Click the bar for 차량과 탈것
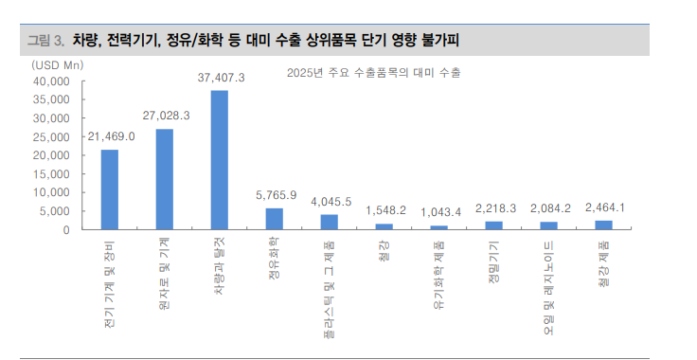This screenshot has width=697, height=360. click(x=219, y=160)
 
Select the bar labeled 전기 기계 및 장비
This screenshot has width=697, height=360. click(x=110, y=189)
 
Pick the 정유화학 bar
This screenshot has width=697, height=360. click(x=274, y=219)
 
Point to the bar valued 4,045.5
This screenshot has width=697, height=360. click(x=329, y=222)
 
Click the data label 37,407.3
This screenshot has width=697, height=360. click(x=221, y=78)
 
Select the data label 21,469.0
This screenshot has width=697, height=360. click(x=111, y=136)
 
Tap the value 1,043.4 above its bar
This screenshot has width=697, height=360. click(x=439, y=211)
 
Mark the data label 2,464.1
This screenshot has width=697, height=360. click(x=604, y=207)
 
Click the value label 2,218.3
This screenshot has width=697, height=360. click(x=494, y=207)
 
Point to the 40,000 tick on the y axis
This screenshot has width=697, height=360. click(x=51, y=81)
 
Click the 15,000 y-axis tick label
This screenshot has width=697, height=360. click(x=51, y=174)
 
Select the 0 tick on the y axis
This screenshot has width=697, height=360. click(x=65, y=230)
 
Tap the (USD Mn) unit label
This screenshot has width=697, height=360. click(x=56, y=63)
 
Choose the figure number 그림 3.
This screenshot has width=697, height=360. click(x=45, y=40)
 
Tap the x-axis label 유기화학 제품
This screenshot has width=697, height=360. click(x=439, y=274)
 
